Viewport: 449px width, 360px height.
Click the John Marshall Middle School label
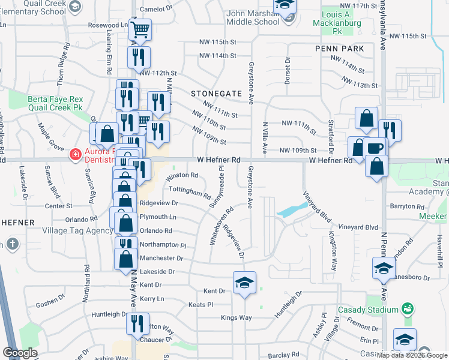click(x=254, y=17)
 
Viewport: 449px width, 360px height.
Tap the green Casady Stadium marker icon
click(x=408, y=309)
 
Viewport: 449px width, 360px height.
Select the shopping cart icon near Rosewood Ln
click(x=140, y=29)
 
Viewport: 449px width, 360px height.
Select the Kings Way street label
click(x=237, y=317)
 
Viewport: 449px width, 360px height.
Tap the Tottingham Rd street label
click(x=189, y=191)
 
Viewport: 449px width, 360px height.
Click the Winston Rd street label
click(x=181, y=175)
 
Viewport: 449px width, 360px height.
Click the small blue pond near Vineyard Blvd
click(x=289, y=211)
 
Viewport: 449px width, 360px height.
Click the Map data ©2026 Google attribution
click(x=411, y=355)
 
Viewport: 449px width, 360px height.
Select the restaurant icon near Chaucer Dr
click(x=137, y=324)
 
